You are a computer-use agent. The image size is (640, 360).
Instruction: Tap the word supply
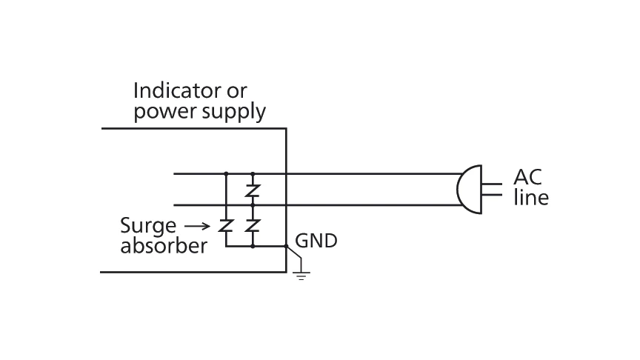(x=234, y=113)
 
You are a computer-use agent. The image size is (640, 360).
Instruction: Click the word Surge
(x=148, y=225)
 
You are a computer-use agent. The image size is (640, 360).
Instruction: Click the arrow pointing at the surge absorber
(x=198, y=225)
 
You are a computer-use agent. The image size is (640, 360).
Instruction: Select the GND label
(x=316, y=241)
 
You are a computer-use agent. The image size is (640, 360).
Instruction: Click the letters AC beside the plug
(x=528, y=178)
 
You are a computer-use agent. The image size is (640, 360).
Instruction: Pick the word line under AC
(x=531, y=198)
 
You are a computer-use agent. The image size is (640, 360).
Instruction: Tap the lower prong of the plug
(x=492, y=196)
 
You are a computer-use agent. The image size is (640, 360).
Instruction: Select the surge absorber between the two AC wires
(x=253, y=190)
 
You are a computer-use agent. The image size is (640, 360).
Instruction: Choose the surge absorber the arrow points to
(x=226, y=225)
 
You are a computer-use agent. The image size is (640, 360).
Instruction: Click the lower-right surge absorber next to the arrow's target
(x=253, y=225)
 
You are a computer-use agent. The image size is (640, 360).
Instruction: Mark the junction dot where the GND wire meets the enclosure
(x=286, y=246)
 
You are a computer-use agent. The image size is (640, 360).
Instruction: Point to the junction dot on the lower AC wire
(x=253, y=205)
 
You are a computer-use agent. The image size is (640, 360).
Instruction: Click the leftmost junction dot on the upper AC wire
(x=226, y=174)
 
